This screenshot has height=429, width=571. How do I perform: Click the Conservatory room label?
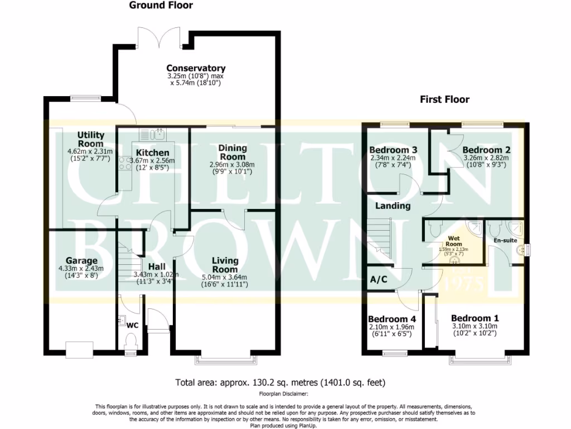coord(196,68)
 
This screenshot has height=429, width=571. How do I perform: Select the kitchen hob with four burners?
coord(124,163)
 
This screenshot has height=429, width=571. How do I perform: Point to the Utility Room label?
coord(90,139)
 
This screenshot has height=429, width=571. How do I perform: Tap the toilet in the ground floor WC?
coord(130,341)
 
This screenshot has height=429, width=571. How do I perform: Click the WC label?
coord(133,325)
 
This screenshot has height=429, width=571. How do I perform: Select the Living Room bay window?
coord(226,357)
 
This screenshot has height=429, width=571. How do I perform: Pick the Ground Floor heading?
coord(161,6)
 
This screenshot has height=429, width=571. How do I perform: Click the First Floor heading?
coord(444,100)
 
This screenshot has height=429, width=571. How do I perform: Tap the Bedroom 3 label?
coord(393,150)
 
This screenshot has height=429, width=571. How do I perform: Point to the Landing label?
coord(393,206)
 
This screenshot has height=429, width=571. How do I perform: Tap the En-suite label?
coord(505,241)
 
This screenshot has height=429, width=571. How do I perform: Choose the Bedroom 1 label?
coord(475,318)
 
